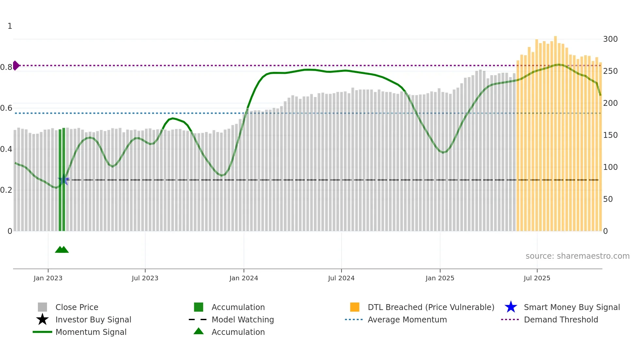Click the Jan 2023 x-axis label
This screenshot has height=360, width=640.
(x=48, y=278)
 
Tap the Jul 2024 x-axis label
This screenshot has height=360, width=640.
(x=341, y=278)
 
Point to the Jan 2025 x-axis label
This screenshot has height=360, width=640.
(x=440, y=278)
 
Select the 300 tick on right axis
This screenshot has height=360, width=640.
(x=610, y=39)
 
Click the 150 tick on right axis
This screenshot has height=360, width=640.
(x=610, y=135)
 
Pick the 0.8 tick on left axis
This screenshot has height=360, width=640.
(x=6, y=67)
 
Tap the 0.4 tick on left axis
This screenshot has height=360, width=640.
(x=6, y=149)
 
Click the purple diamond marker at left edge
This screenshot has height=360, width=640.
(x=16, y=65)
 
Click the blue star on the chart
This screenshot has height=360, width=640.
(x=64, y=180)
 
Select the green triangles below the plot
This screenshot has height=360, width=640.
(x=62, y=250)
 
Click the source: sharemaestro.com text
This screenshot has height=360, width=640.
(x=577, y=256)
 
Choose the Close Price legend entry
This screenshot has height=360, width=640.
(x=77, y=307)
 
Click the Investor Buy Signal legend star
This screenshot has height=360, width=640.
(x=42, y=319)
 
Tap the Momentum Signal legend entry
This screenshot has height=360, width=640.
(x=91, y=332)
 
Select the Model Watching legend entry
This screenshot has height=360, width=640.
(x=243, y=319)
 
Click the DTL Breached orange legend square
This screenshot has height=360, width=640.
(x=355, y=307)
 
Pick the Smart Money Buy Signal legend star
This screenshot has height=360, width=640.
(x=511, y=307)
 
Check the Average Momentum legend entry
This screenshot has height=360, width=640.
(x=407, y=319)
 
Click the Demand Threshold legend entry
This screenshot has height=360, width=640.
(x=561, y=319)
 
